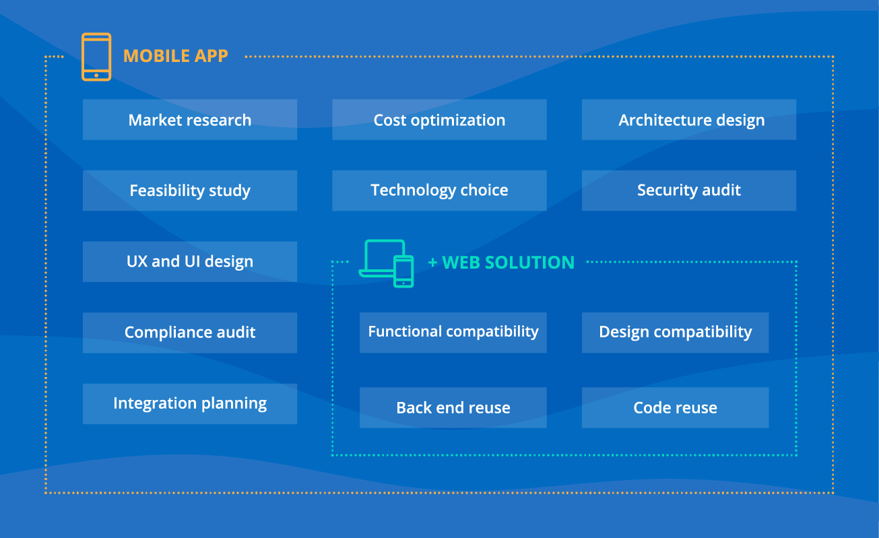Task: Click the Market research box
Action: [189, 120]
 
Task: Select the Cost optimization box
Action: [439, 120]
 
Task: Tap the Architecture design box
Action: [688, 120]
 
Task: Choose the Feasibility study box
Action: [189, 191]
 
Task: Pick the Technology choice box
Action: [439, 191]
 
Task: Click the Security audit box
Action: [688, 191]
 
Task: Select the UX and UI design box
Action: [189, 261]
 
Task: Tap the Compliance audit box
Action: [189, 333]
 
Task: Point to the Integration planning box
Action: [189, 403]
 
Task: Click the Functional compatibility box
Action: [453, 332]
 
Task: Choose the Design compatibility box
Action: [675, 332]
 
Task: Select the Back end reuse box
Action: [453, 407]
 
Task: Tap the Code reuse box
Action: [675, 407]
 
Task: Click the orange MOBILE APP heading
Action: [176, 56]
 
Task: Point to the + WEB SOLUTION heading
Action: [501, 263]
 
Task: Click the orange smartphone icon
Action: [96, 57]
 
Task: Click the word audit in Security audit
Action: [721, 191]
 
